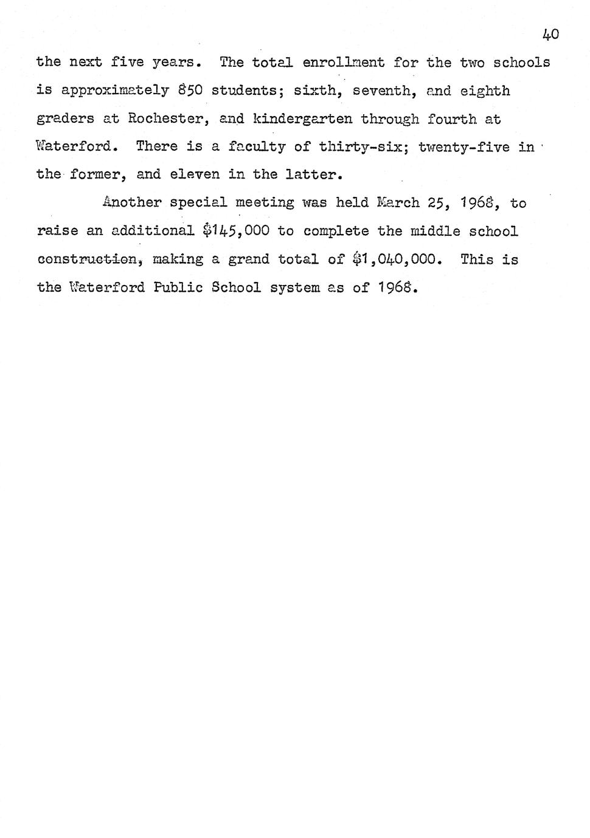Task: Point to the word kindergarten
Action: pyautogui.click(x=302, y=119)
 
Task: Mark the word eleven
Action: pyautogui.click(x=195, y=175)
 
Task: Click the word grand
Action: pyautogui.click(x=248, y=259)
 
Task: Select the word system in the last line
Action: pyautogui.click(x=294, y=287)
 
